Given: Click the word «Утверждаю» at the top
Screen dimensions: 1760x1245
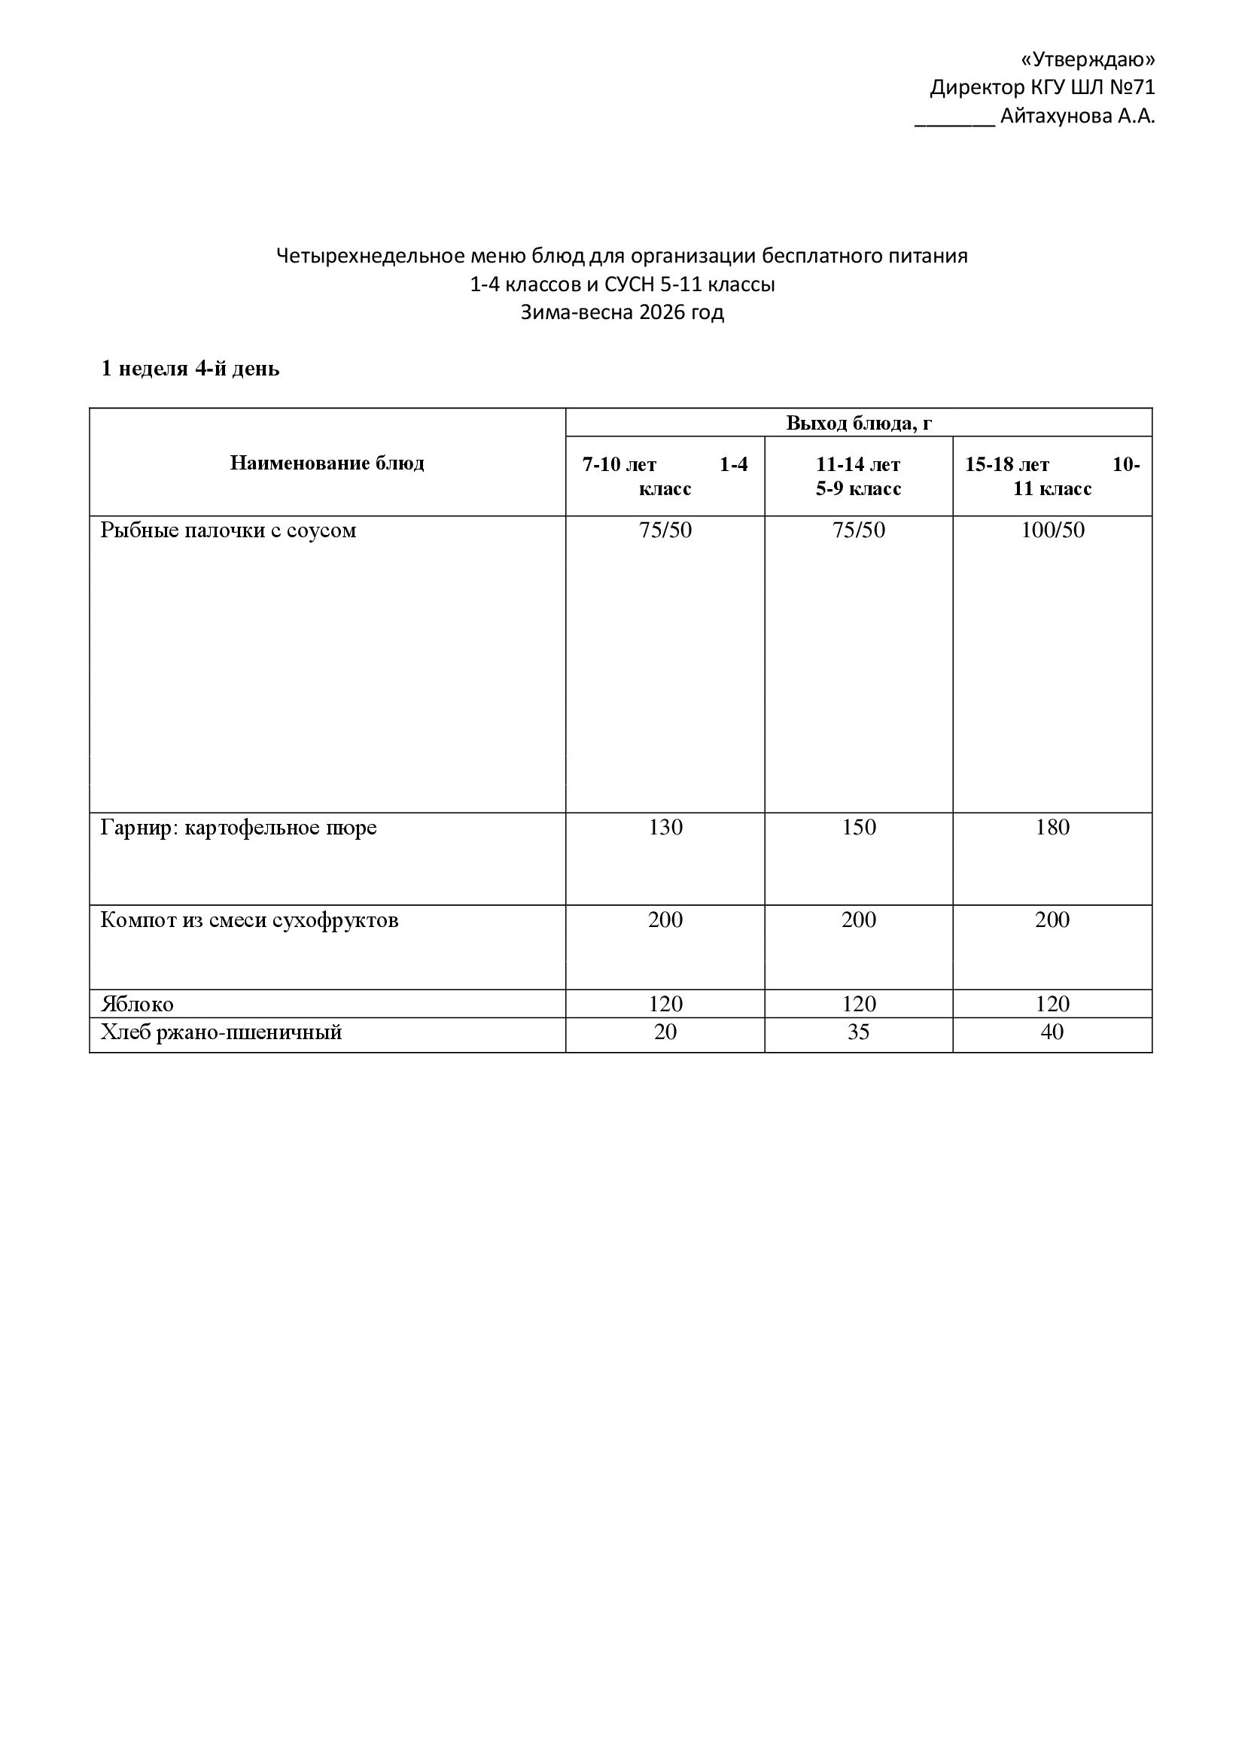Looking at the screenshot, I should pyautogui.click(x=1088, y=59).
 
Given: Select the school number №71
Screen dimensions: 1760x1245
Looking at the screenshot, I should pyautogui.click(x=1131, y=88).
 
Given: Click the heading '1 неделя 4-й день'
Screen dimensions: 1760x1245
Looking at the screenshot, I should pyautogui.click(x=190, y=369).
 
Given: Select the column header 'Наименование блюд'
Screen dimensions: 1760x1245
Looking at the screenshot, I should pyautogui.click(x=327, y=463).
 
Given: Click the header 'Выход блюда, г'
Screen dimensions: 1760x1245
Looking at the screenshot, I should pyautogui.click(x=859, y=423).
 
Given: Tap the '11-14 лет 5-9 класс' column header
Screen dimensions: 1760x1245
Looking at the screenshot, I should pyautogui.click(x=858, y=476).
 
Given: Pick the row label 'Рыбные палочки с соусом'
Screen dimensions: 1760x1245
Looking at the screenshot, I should pyautogui.click(x=229, y=530).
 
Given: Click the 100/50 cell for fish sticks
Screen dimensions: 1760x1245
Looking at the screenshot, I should pyautogui.click(x=1052, y=530).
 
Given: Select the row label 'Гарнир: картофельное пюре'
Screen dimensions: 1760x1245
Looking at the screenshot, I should pyautogui.click(x=239, y=828).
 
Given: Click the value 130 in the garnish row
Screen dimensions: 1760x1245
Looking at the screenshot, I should pyautogui.click(x=665, y=827).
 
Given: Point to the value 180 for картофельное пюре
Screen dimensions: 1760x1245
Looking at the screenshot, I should pyautogui.click(x=1052, y=827).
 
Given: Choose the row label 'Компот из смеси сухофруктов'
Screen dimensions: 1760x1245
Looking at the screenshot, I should pyautogui.click(x=249, y=920).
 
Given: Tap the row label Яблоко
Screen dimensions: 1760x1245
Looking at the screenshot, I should pyautogui.click(x=137, y=1005).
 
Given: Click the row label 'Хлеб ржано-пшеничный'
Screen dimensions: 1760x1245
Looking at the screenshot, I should pyautogui.click(x=221, y=1032).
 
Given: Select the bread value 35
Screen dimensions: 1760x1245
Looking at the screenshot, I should pyautogui.click(x=858, y=1032).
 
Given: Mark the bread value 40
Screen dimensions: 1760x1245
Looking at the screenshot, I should pyautogui.click(x=1052, y=1032).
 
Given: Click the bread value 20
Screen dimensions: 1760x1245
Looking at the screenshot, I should pyautogui.click(x=665, y=1032).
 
